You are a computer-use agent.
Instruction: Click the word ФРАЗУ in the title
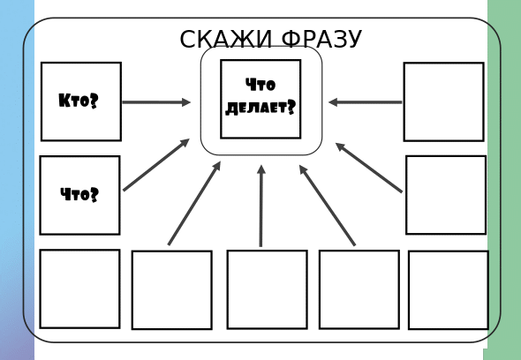(321, 39)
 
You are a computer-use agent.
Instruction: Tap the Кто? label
(79, 101)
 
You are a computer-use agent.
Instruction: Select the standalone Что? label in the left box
(79, 194)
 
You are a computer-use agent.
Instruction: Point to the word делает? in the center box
(260, 108)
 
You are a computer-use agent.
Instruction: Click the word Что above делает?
(260, 85)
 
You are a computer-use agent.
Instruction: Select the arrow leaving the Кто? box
(156, 102)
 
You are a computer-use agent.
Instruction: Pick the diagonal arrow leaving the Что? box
(156, 165)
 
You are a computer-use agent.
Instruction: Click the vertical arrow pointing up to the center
(261, 206)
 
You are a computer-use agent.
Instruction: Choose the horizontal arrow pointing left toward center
(366, 102)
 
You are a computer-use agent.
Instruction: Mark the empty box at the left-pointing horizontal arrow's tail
(443, 101)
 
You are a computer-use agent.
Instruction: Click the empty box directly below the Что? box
(79, 289)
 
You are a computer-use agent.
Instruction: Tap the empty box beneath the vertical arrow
(268, 289)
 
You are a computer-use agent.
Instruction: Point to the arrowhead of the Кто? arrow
(186, 102)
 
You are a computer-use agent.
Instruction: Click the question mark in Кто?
(94, 101)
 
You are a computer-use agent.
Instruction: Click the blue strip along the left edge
(17, 180)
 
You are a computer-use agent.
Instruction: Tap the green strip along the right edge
(504, 180)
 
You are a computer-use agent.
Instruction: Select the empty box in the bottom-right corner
(449, 290)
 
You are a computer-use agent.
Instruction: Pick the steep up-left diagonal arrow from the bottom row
(328, 206)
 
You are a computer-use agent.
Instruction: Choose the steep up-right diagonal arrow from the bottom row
(194, 203)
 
